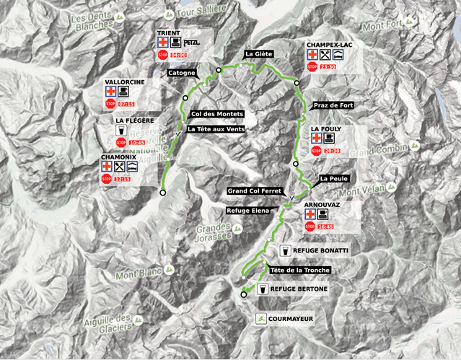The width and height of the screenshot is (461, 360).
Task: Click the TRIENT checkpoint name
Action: coord(170,33)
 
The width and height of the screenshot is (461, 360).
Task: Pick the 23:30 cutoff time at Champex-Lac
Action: coord(328,66)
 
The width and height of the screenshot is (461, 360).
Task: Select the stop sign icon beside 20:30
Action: coord(315,151)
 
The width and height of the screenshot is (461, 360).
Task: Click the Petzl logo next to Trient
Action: coord(193,43)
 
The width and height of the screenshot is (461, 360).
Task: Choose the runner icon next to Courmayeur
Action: coord(261,317)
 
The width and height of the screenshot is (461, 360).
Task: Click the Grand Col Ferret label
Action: coord(252,191)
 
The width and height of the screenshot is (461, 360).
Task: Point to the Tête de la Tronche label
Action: coord(299,271)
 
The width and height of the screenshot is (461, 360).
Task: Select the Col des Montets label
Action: coord(217,114)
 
